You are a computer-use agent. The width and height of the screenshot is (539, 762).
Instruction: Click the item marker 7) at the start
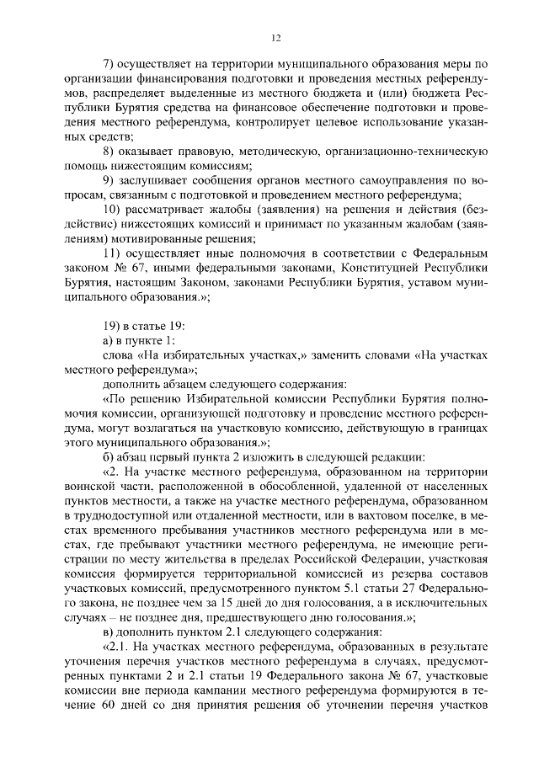(108, 64)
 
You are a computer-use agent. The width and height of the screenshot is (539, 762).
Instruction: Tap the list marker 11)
(111, 253)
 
